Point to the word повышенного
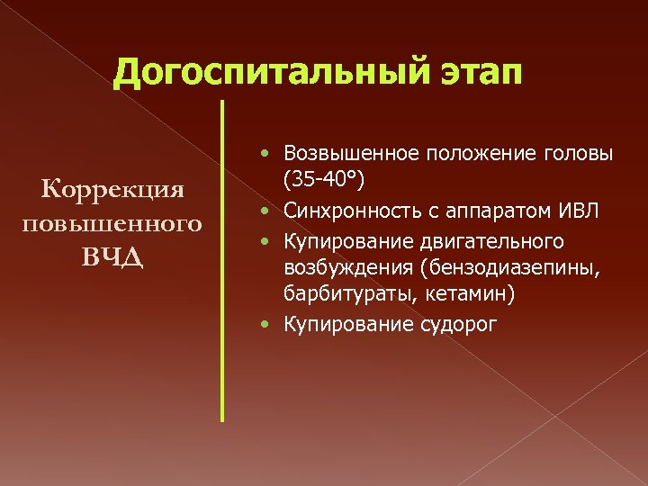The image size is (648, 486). pyautogui.click(x=113, y=221)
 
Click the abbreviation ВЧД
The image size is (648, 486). pyautogui.click(x=113, y=254)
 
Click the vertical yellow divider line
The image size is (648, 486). pyautogui.click(x=221, y=261)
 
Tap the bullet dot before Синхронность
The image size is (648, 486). pyautogui.click(x=271, y=211)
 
